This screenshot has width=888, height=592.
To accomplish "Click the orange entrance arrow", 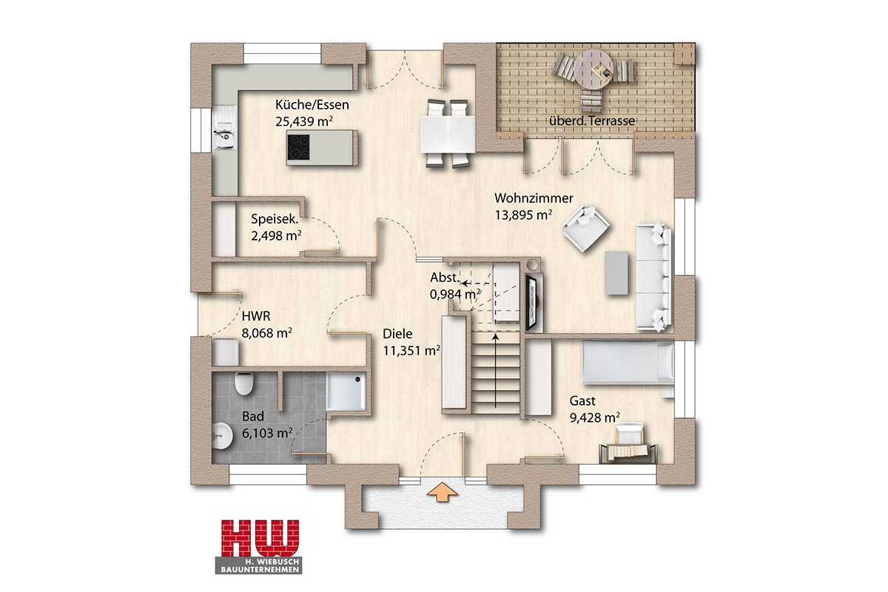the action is [x=443, y=491].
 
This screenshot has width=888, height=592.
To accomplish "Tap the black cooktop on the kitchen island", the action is [x=298, y=147].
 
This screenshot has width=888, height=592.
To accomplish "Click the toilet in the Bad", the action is [x=243, y=383].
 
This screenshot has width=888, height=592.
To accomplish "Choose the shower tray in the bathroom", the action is [x=346, y=391].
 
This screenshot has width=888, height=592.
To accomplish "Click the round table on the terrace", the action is [x=593, y=69].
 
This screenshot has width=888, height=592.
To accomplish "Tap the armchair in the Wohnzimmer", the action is [x=586, y=229].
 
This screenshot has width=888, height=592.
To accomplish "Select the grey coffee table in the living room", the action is [x=616, y=273].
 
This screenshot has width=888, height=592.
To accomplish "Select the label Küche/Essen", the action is [x=312, y=104].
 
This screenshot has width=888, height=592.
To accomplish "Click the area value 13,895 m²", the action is [x=523, y=215].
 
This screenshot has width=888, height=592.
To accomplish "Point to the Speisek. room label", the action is [x=275, y=219].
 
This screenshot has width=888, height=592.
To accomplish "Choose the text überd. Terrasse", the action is [x=592, y=121].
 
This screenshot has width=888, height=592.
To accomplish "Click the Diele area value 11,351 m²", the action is [x=411, y=351].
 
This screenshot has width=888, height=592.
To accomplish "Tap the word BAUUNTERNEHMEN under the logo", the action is [x=259, y=570].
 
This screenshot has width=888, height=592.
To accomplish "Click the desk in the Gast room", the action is [x=628, y=452].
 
